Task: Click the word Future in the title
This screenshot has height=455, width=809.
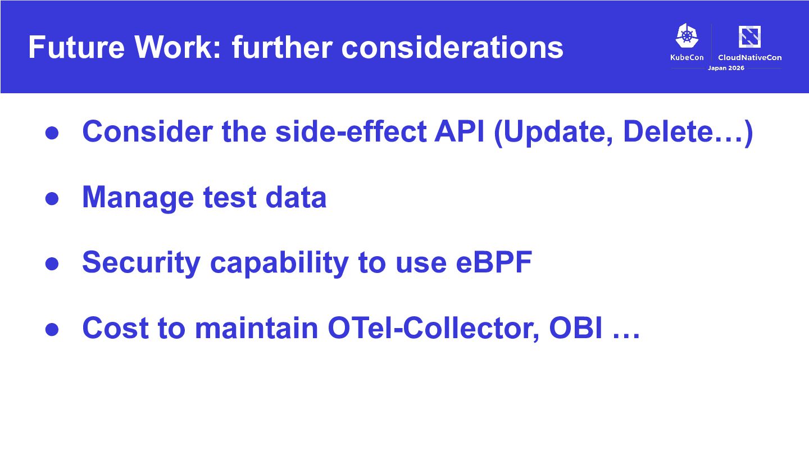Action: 76,47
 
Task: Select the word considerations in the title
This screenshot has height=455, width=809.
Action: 452,47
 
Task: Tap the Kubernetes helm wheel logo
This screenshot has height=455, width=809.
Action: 687,35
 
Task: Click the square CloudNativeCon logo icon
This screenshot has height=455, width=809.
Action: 749,37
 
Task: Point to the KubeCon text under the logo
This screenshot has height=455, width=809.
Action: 687,57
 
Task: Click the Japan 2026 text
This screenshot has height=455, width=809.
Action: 726,68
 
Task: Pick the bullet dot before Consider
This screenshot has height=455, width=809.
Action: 52,133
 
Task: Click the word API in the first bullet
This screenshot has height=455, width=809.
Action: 459,131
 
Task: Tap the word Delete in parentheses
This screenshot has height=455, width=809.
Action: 668,131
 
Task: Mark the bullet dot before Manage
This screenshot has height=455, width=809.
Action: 52,198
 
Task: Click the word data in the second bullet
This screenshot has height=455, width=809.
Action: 296,197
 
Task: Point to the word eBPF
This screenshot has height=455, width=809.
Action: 494,262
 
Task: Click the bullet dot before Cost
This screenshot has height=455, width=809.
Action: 52,329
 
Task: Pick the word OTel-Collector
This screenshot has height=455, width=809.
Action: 434,328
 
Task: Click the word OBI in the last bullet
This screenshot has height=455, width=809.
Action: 576,327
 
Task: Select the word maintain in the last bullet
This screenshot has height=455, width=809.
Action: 256,327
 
